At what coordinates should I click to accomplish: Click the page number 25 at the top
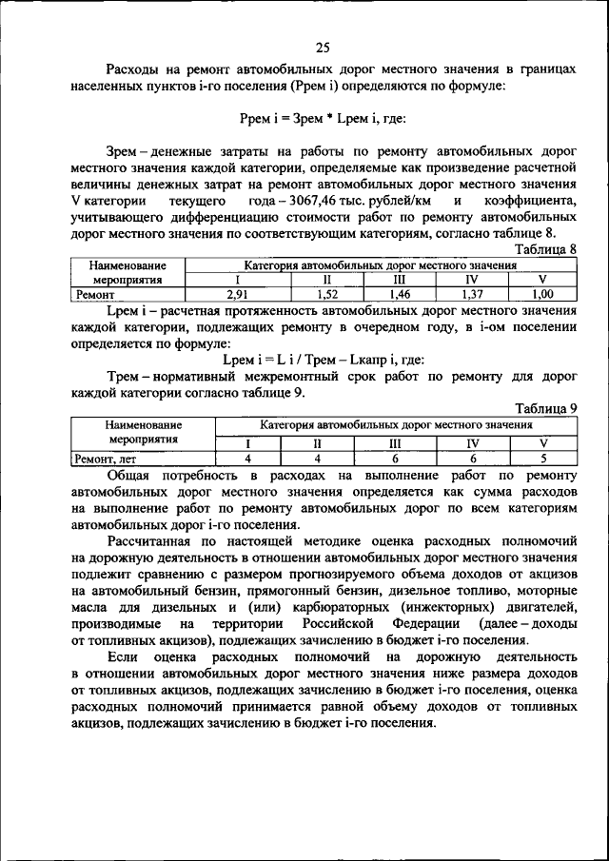click(323, 45)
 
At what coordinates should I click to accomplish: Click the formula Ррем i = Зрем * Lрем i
click(323, 118)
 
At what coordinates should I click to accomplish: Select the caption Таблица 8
click(545, 248)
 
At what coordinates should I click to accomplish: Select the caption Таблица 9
click(545, 407)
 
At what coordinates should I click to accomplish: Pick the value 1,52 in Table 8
click(327, 295)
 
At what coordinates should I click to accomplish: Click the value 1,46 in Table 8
click(398, 295)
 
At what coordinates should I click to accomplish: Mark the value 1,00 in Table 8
click(542, 295)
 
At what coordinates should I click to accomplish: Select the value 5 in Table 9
click(543, 459)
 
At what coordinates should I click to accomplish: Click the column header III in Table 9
click(396, 443)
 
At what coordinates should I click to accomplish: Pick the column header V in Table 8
click(542, 280)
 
